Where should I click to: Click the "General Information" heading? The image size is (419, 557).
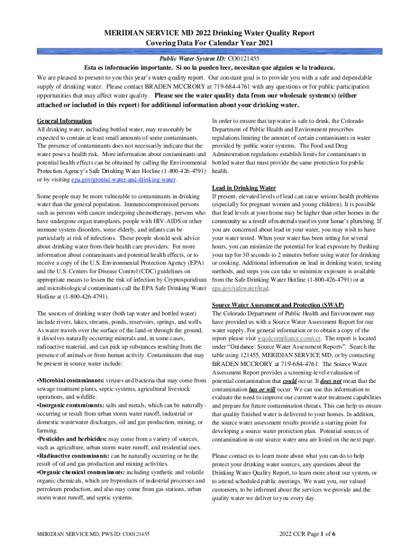(x=64, y=121)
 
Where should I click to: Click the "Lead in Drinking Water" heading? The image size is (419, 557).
(x=244, y=188)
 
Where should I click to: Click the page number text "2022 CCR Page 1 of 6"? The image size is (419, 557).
(x=307, y=534)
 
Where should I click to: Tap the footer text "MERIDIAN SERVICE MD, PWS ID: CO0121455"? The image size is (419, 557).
(x=93, y=535)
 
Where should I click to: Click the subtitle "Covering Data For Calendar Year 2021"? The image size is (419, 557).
(x=209, y=43)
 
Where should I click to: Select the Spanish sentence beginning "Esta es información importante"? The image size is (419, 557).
(x=209, y=67)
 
